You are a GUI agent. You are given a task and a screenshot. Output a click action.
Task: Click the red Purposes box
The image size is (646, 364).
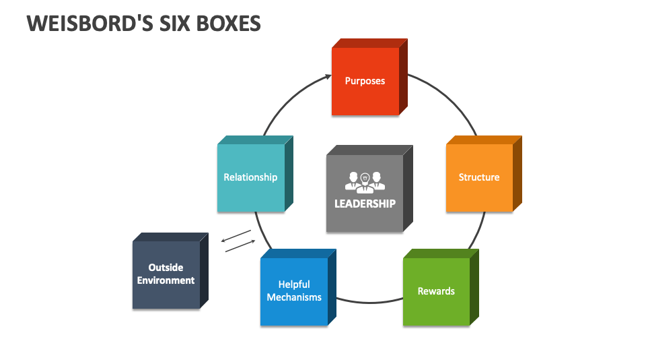(x=365, y=81)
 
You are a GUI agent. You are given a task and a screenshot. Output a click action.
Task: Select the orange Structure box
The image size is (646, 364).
(x=479, y=177)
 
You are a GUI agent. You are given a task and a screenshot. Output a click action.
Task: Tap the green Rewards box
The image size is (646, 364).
(x=436, y=291)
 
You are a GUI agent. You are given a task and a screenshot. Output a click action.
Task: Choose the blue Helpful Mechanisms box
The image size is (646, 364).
(x=294, y=291)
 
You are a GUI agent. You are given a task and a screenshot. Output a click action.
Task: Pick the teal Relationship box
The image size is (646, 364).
(x=250, y=177)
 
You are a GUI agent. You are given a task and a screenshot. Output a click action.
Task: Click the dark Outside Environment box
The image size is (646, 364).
(x=166, y=274)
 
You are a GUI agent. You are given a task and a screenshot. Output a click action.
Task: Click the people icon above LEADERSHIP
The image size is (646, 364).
(x=365, y=181)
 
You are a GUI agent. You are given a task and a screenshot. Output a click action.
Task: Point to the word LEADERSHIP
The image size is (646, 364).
(x=365, y=204)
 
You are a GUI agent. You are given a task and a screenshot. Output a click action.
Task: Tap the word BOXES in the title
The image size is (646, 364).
(x=227, y=24)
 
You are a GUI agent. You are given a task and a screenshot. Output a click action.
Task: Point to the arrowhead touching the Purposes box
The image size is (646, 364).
(x=327, y=77)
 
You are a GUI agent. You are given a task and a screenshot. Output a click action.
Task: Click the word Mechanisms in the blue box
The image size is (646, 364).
(x=294, y=297)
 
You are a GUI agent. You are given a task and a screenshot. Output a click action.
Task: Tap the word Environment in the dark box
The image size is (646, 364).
(x=166, y=280)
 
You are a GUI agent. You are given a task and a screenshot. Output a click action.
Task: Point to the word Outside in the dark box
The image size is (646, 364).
(x=166, y=268)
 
